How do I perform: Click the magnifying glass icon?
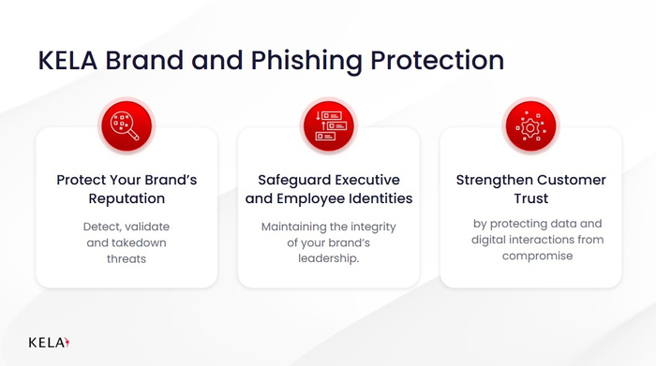[x=127, y=125]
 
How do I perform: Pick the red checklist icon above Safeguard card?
[x=328, y=125]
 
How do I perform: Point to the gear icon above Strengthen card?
[x=530, y=125]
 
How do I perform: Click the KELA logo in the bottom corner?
[x=49, y=342]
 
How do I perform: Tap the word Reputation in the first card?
[x=127, y=199]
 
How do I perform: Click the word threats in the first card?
[x=127, y=258]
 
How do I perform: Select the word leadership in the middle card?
[x=328, y=258]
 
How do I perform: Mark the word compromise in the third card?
[x=530, y=256]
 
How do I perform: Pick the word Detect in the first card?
[x=102, y=227]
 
